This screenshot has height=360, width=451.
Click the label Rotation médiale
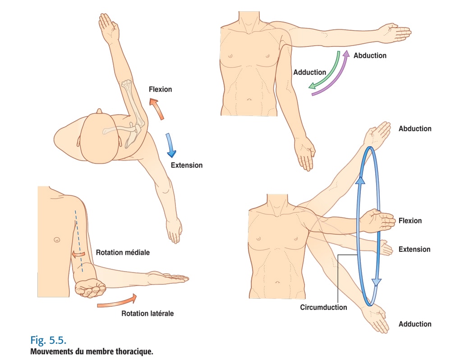(x=123, y=253)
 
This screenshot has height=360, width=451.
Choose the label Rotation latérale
(x=147, y=313)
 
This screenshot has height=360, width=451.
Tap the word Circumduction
(x=323, y=307)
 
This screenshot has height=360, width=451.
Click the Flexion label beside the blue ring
(x=410, y=221)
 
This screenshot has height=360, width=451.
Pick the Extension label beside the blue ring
(x=414, y=249)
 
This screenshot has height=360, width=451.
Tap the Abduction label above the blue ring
(x=415, y=129)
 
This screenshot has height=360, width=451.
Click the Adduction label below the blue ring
(x=415, y=324)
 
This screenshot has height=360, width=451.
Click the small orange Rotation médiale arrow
(x=78, y=254)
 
